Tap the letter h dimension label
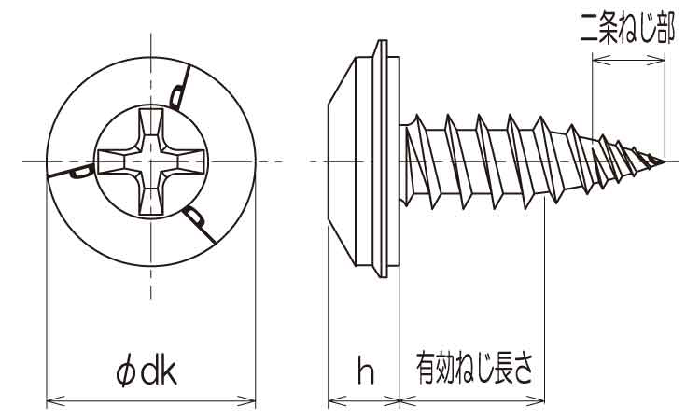(365, 371)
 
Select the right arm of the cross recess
(184, 162)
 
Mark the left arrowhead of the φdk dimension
(52, 402)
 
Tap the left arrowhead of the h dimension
(334, 402)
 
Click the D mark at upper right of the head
(177, 92)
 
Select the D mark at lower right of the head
(196, 218)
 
